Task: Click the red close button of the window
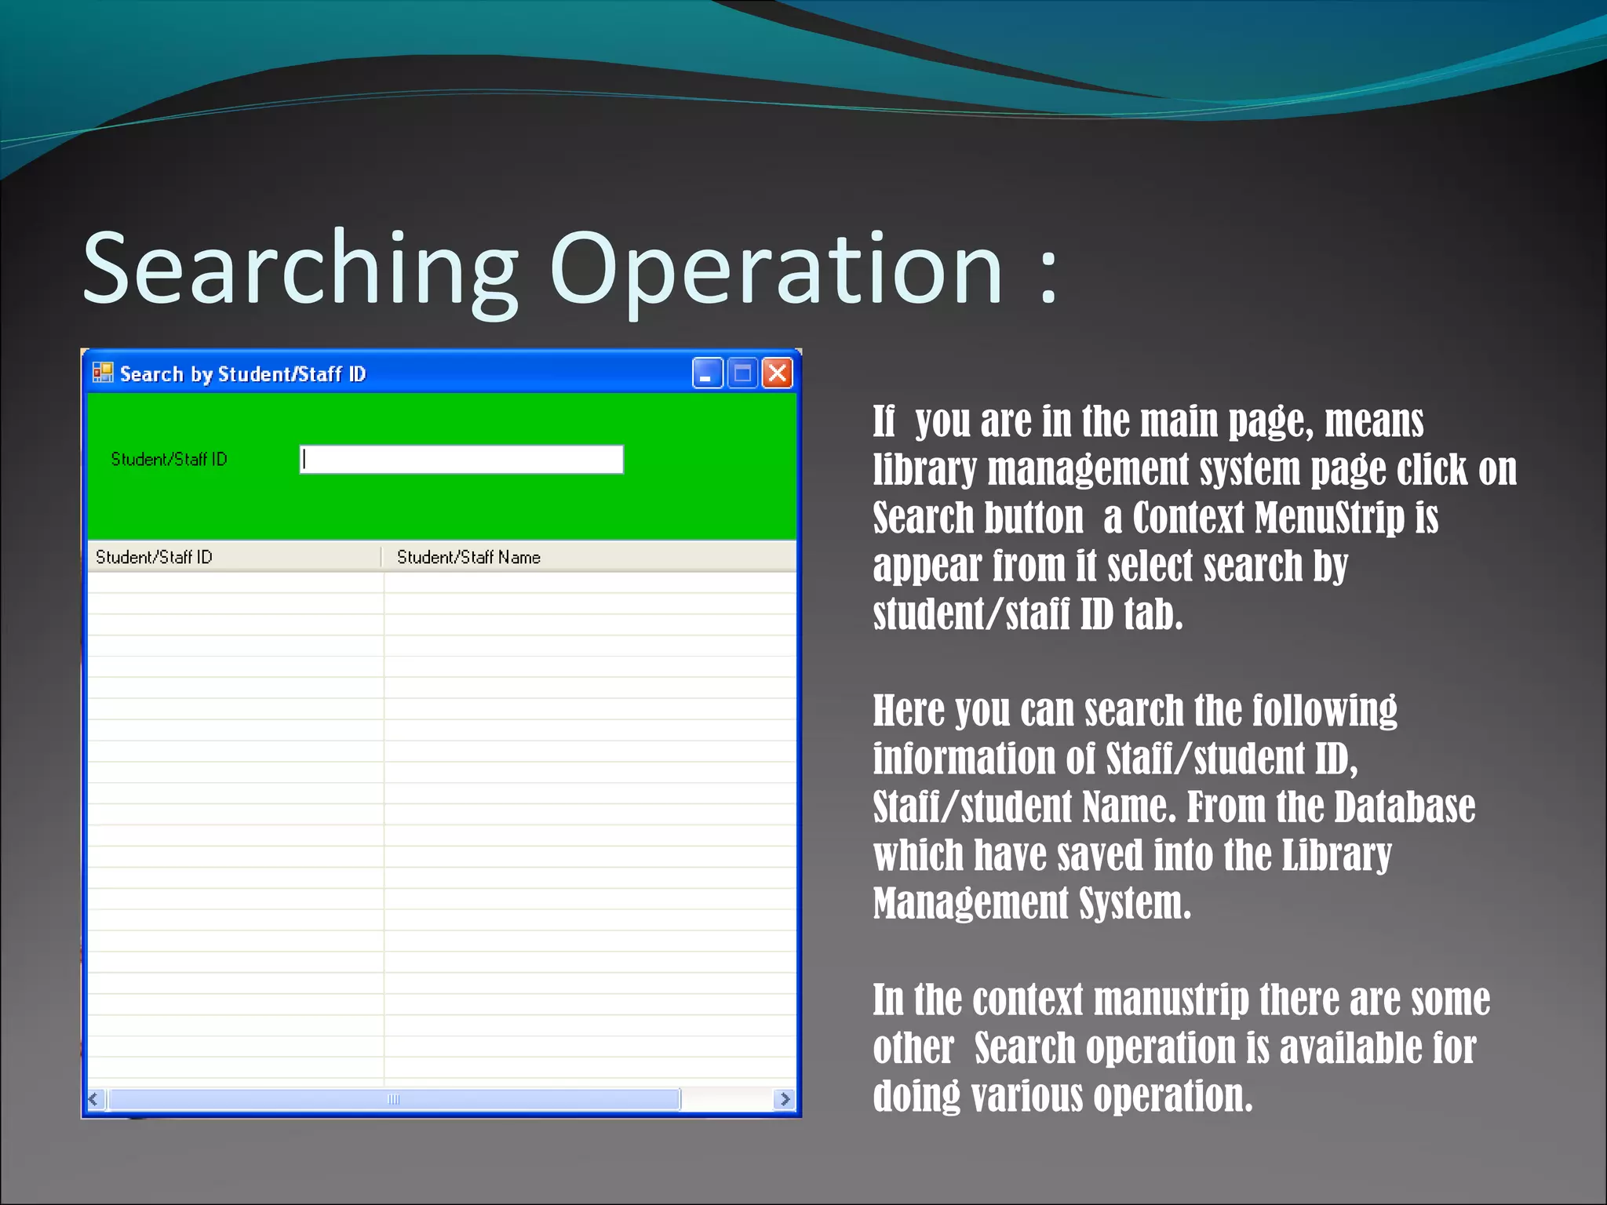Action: (x=777, y=373)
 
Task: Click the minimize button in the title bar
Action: (x=707, y=373)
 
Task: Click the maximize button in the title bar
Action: (x=742, y=373)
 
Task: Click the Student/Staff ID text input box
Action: (x=461, y=460)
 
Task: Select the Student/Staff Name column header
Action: (x=468, y=557)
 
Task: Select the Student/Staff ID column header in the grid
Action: (x=154, y=557)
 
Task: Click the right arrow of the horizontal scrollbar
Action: (x=784, y=1099)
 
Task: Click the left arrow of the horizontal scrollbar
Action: (x=95, y=1099)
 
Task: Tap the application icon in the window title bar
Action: (x=103, y=373)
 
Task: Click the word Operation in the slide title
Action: (x=776, y=268)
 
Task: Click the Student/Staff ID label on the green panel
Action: (x=169, y=459)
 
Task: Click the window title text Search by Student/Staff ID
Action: (x=242, y=374)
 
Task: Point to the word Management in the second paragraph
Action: (x=971, y=903)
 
